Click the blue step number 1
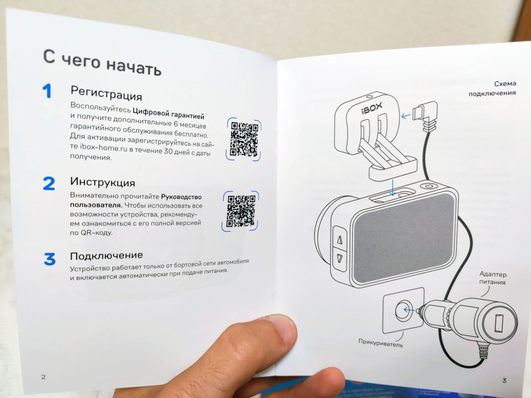coord(47,91)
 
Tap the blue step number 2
coord(49,183)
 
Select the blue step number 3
coord(50,259)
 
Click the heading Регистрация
coord(106,93)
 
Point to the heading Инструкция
coord(103,182)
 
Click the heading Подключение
coord(106,255)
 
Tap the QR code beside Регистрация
coord(244,139)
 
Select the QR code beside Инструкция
coord(241,211)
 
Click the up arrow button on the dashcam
coord(340,239)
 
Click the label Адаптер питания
coord(493,278)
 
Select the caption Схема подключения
coord(493,88)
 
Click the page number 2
coord(43,377)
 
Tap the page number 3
coord(504,380)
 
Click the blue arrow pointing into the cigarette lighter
coord(409,310)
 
